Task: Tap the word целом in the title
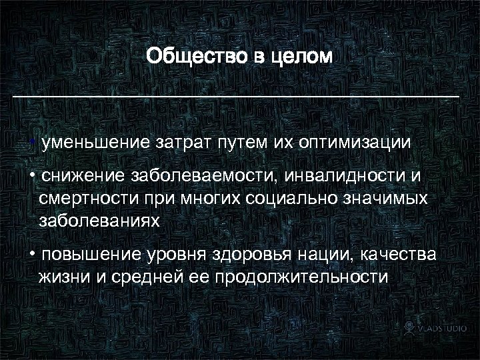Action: point(300,55)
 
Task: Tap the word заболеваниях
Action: point(99,221)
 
